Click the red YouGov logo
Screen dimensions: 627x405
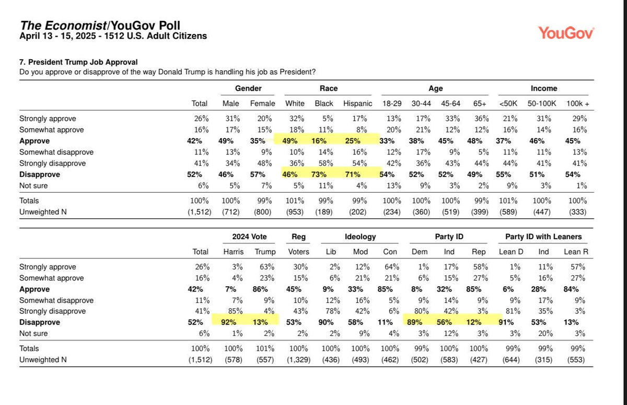566,33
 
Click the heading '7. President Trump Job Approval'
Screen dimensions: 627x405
78,62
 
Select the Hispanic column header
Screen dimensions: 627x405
357,104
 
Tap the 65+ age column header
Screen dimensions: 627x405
480,104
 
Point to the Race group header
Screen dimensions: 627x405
329,88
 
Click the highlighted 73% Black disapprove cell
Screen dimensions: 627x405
319,174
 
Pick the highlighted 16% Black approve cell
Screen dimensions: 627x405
319,141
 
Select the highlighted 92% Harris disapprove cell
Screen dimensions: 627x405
229,322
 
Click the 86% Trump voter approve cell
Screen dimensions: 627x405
260,289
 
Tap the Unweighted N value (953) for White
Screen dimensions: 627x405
295,212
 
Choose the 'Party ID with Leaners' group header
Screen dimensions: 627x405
543,237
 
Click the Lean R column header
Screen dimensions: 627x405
576,252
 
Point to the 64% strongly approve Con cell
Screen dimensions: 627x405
392,266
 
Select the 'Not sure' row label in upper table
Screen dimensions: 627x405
33,186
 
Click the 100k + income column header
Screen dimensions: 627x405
578,104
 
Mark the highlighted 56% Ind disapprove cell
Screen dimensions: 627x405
444,322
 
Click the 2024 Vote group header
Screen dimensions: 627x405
249,237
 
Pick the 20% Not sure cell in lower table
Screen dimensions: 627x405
545,333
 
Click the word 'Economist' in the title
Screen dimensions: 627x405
76,26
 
